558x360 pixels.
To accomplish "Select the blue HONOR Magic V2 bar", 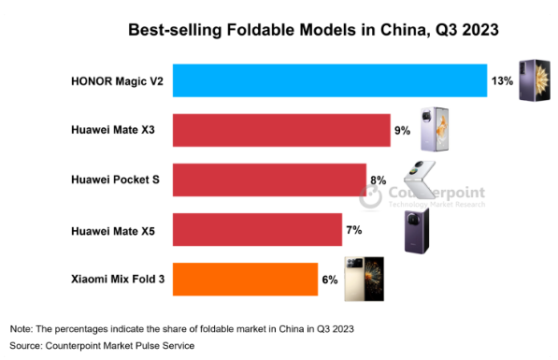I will [330, 81].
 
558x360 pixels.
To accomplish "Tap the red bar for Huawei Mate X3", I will [281, 131].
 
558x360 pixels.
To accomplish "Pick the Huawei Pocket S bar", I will [269, 180].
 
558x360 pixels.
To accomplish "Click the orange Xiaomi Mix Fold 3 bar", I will [245, 279].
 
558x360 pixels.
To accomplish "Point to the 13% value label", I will [502, 81].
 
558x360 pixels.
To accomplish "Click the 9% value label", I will [403, 131].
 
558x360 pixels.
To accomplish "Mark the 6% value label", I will [329, 279].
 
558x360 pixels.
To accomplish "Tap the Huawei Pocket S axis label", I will [116, 180].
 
